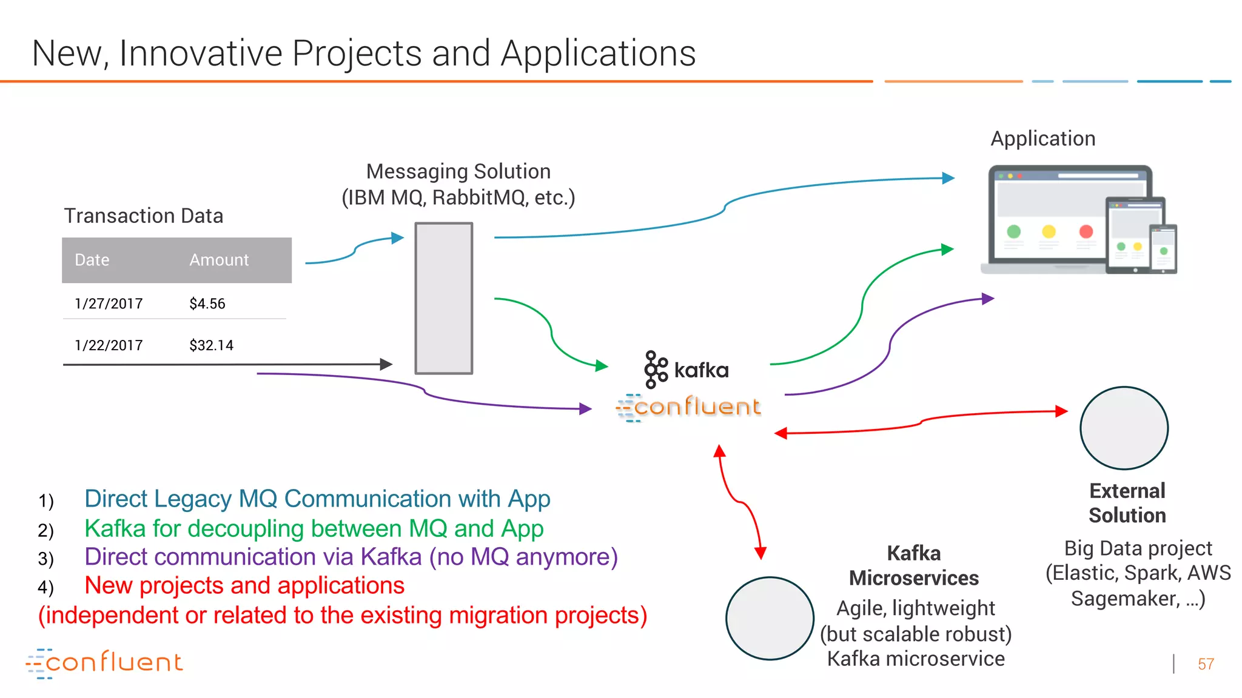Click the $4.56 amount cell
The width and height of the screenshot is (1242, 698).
[x=207, y=304]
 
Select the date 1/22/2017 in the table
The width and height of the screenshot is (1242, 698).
[x=109, y=345]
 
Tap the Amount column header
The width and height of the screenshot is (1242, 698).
[x=219, y=260]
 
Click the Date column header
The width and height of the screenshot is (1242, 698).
[x=92, y=260]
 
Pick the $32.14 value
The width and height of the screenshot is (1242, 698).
[x=211, y=345]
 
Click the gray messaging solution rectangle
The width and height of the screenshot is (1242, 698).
[x=443, y=298]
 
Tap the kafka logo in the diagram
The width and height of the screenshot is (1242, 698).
[x=686, y=369]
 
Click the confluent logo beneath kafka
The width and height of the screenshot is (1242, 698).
[x=688, y=407]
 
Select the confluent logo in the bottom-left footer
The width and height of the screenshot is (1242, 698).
[x=104, y=663]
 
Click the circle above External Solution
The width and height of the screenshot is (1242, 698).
[x=1124, y=428]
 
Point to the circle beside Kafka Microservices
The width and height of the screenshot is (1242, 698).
[x=770, y=618]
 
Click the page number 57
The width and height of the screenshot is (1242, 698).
[x=1206, y=664]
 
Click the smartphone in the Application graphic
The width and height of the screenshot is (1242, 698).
[x=1163, y=248]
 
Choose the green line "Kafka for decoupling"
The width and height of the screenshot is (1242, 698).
[x=314, y=528]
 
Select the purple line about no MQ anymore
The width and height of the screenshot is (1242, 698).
[x=351, y=557]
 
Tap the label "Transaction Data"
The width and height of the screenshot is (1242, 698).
[x=144, y=216]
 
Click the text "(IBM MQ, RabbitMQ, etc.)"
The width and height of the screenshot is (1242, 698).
[x=458, y=198]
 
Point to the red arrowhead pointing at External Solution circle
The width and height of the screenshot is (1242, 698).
[x=1061, y=411]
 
